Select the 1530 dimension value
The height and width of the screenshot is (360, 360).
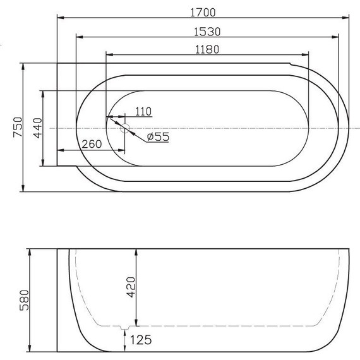coord(206,30)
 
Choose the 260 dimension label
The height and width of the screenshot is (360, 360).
coord(92,144)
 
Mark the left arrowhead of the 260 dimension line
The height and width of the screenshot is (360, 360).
coord(59,150)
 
